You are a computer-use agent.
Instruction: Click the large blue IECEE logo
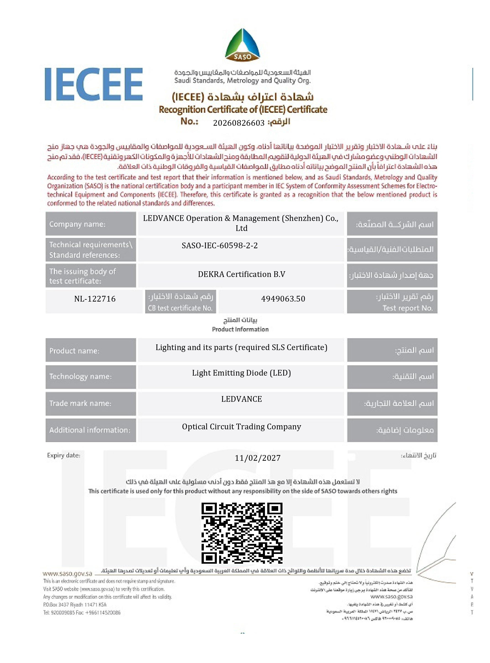coord(94,84)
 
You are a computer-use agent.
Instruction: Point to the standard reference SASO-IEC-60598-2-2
coord(220,245)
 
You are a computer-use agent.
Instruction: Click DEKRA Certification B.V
coord(241,274)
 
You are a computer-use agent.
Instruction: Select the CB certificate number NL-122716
coord(95,299)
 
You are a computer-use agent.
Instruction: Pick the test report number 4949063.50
coord(283,299)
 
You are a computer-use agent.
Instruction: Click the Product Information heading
coord(240,329)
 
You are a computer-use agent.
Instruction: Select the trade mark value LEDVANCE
coord(241,399)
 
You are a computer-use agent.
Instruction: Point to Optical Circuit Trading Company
coord(241,427)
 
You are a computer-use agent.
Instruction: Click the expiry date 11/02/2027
coord(257,458)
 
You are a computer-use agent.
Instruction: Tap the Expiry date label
coord(63,455)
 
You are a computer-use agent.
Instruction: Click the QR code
coord(242,533)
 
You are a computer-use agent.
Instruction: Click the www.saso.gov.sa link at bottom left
coord(67,573)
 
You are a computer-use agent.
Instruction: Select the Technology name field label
coord(80,376)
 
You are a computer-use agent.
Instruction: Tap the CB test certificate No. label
coord(180,308)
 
